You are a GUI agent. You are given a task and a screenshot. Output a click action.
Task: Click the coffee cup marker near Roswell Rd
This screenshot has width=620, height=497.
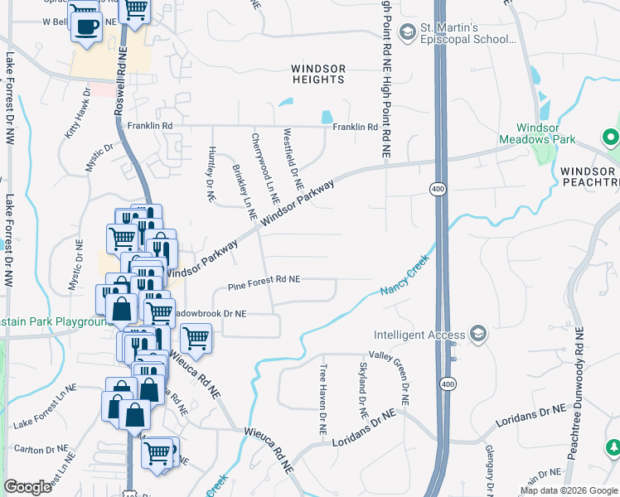click(x=86, y=27)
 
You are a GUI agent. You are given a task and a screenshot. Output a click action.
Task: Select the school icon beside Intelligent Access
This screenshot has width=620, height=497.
click(x=477, y=334)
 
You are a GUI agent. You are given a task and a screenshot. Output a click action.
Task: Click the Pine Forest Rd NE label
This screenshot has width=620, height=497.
click(x=264, y=279)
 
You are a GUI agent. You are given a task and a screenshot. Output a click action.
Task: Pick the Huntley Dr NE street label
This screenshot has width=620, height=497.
click(x=211, y=176)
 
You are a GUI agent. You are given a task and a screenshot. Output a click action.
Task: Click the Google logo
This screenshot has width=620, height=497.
click(x=27, y=486)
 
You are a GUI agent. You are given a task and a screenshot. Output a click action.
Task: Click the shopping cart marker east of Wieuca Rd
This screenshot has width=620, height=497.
click(x=196, y=337)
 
